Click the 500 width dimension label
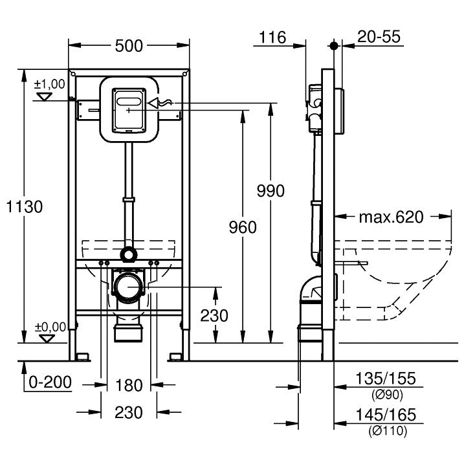click(x=129, y=46)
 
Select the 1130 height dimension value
click(x=24, y=206)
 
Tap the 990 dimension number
click(x=271, y=191)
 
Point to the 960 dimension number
click(x=243, y=227)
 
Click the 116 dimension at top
click(x=272, y=38)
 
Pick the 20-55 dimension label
click(x=379, y=37)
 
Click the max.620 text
click(x=392, y=217)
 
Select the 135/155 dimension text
click(x=386, y=379)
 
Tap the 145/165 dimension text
click(x=386, y=415)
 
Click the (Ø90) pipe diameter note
click(x=387, y=395)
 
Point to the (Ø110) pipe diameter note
click(x=388, y=431)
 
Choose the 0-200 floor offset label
click(x=50, y=382)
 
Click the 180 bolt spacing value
click(x=129, y=386)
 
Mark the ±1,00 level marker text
click(x=49, y=84)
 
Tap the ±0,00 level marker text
click(x=50, y=327)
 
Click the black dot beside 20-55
click(x=334, y=45)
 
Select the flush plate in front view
click(x=129, y=110)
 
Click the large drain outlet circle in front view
click(x=129, y=287)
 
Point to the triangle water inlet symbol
click(x=153, y=104)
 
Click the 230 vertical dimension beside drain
click(x=214, y=315)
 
